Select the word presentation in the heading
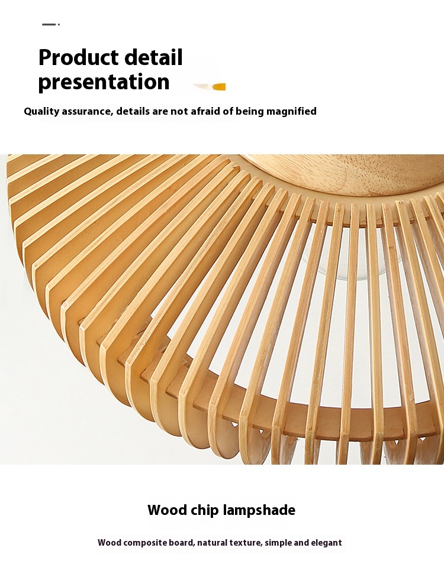tap(104, 82)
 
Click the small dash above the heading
tap(50, 24)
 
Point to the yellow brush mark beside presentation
tap(210, 87)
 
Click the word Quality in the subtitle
tap(41, 111)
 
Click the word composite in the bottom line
tap(145, 543)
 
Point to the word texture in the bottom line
tap(246, 543)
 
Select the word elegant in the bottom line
tap(326, 543)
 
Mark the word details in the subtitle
tap(133, 111)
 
